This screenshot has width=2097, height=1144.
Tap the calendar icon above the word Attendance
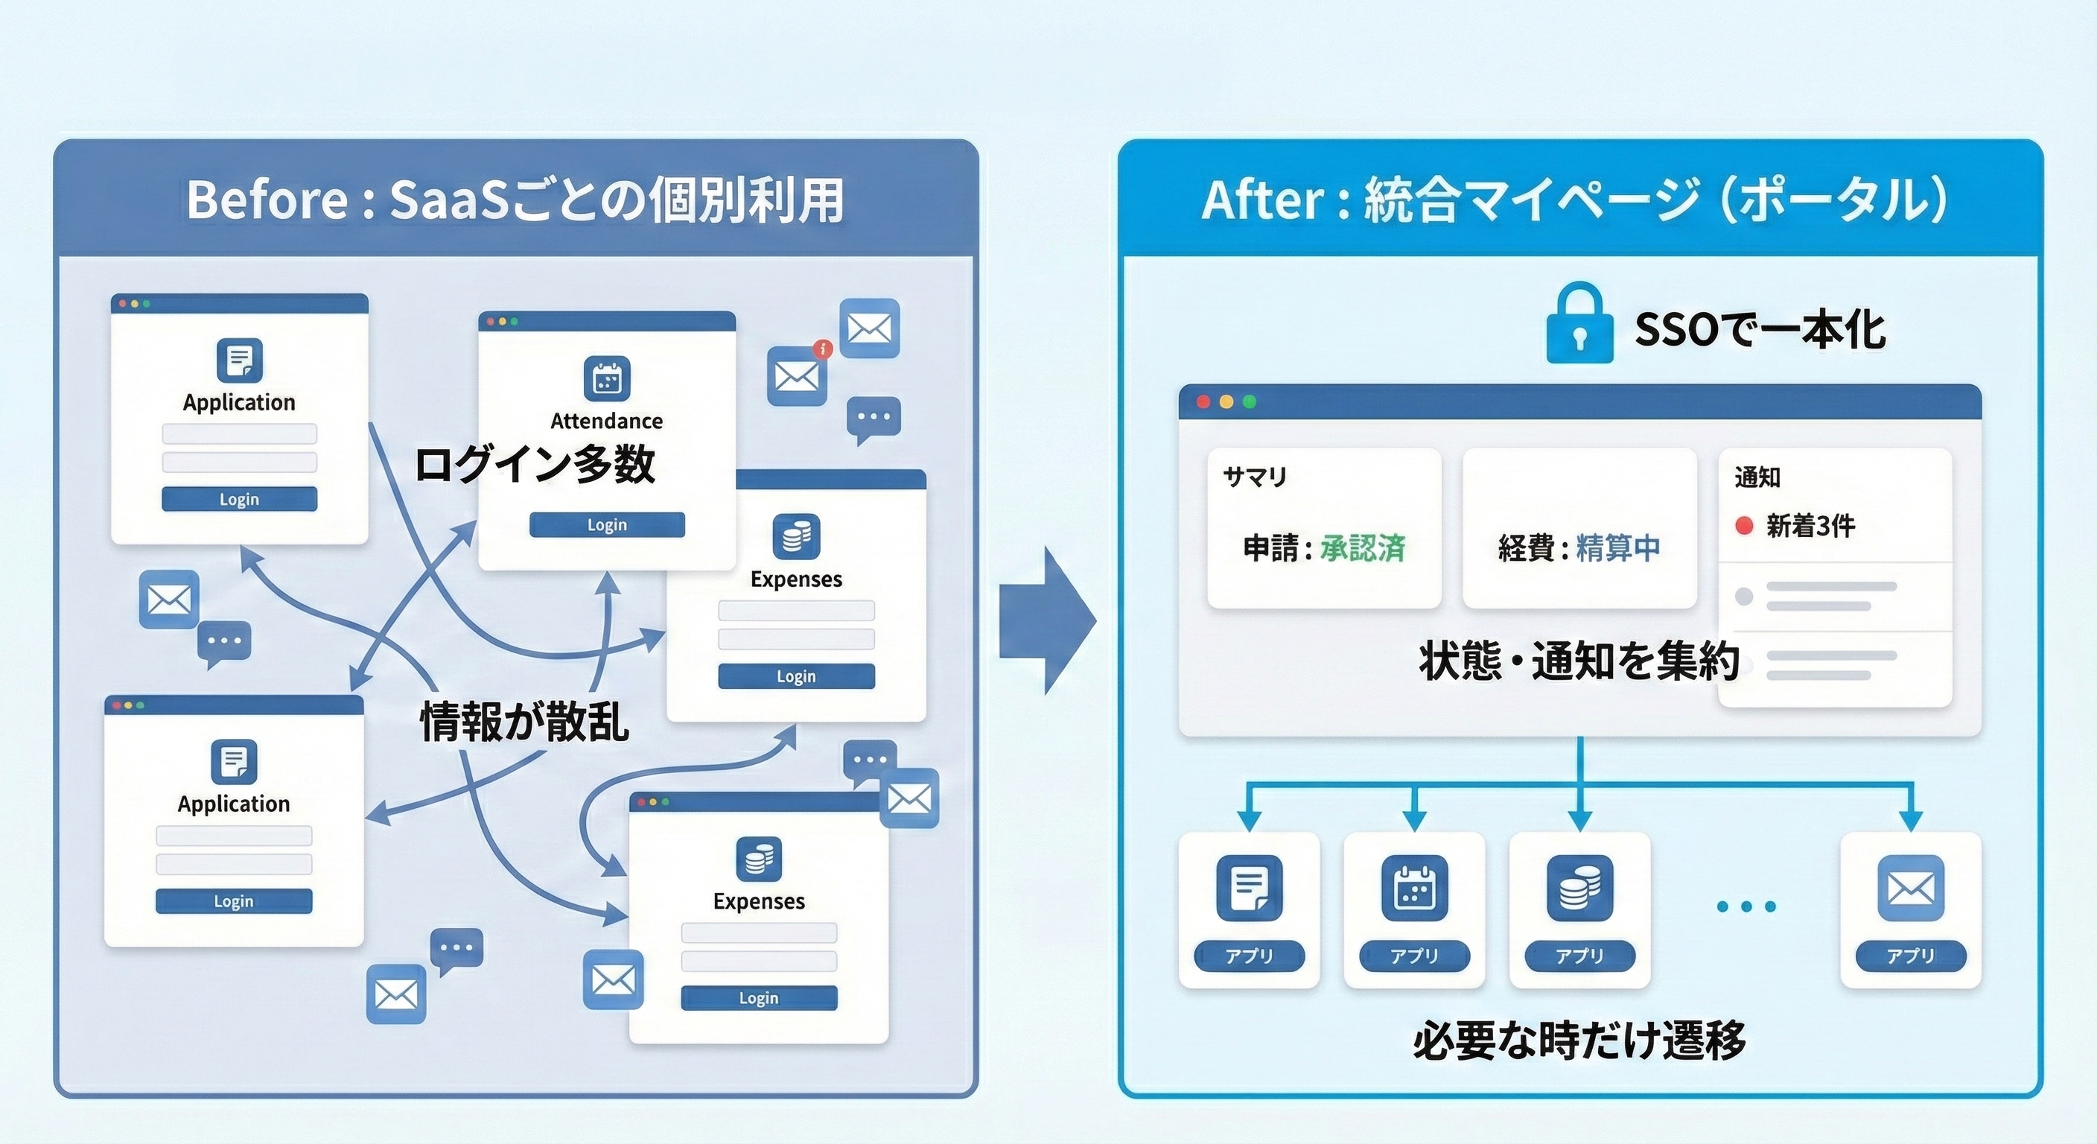(x=606, y=378)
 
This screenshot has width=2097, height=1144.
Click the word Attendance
(x=606, y=421)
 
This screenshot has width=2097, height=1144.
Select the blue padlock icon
(x=1579, y=324)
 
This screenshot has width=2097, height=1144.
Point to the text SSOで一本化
(x=1759, y=330)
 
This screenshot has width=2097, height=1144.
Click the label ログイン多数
(x=534, y=465)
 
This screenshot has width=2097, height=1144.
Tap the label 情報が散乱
(x=524, y=722)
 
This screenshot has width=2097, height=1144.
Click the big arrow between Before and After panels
(x=1047, y=620)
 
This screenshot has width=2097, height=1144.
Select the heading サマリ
(x=1255, y=477)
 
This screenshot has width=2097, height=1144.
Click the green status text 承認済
(x=1363, y=548)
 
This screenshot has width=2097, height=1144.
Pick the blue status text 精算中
(x=1618, y=548)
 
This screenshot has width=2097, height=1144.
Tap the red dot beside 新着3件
(x=1744, y=526)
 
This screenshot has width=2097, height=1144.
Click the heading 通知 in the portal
(x=1757, y=477)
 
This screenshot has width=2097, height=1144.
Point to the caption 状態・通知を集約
(x=1579, y=661)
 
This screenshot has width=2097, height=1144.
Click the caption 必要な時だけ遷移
(x=1579, y=1040)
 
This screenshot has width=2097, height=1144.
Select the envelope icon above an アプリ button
(x=1910, y=888)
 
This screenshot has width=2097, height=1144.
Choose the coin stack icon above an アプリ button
(x=1579, y=888)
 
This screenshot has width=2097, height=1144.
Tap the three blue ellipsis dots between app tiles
(x=1746, y=906)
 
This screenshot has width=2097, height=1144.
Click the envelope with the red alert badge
(x=797, y=375)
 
